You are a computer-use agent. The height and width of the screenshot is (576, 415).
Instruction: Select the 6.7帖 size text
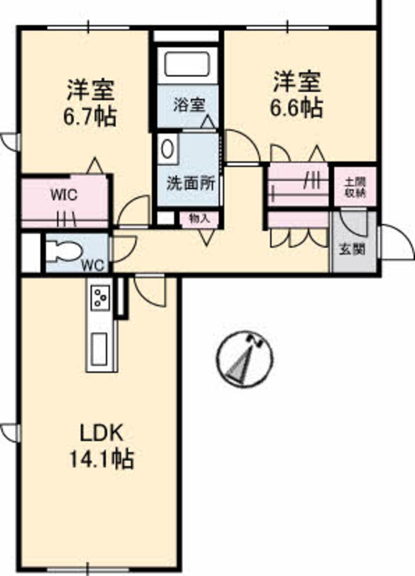[90, 117]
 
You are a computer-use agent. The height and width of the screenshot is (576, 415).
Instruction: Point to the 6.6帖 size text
[297, 108]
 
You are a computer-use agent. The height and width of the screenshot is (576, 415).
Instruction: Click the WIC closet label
[64, 194]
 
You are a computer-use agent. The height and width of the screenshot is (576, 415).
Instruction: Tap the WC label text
[92, 265]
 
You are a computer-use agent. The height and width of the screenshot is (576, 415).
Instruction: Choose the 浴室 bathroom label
[189, 105]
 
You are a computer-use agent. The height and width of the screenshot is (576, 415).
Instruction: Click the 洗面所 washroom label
[191, 183]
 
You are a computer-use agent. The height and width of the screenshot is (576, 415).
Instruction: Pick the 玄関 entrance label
[352, 250]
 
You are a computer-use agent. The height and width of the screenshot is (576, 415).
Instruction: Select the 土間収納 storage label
[355, 187]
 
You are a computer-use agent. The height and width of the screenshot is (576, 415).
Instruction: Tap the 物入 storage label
[199, 218]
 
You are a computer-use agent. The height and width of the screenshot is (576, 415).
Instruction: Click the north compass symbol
[244, 359]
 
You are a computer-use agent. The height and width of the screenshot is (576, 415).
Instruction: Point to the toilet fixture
[64, 251]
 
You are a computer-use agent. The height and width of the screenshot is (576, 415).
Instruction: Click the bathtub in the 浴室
[187, 64]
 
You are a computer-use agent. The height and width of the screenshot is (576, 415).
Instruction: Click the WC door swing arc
[124, 249]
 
